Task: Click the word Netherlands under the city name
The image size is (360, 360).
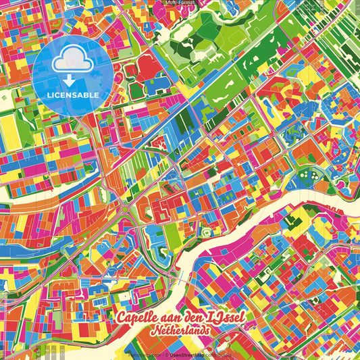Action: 180,332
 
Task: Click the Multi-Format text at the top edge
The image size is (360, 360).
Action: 180,3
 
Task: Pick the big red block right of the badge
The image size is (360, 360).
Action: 147,66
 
